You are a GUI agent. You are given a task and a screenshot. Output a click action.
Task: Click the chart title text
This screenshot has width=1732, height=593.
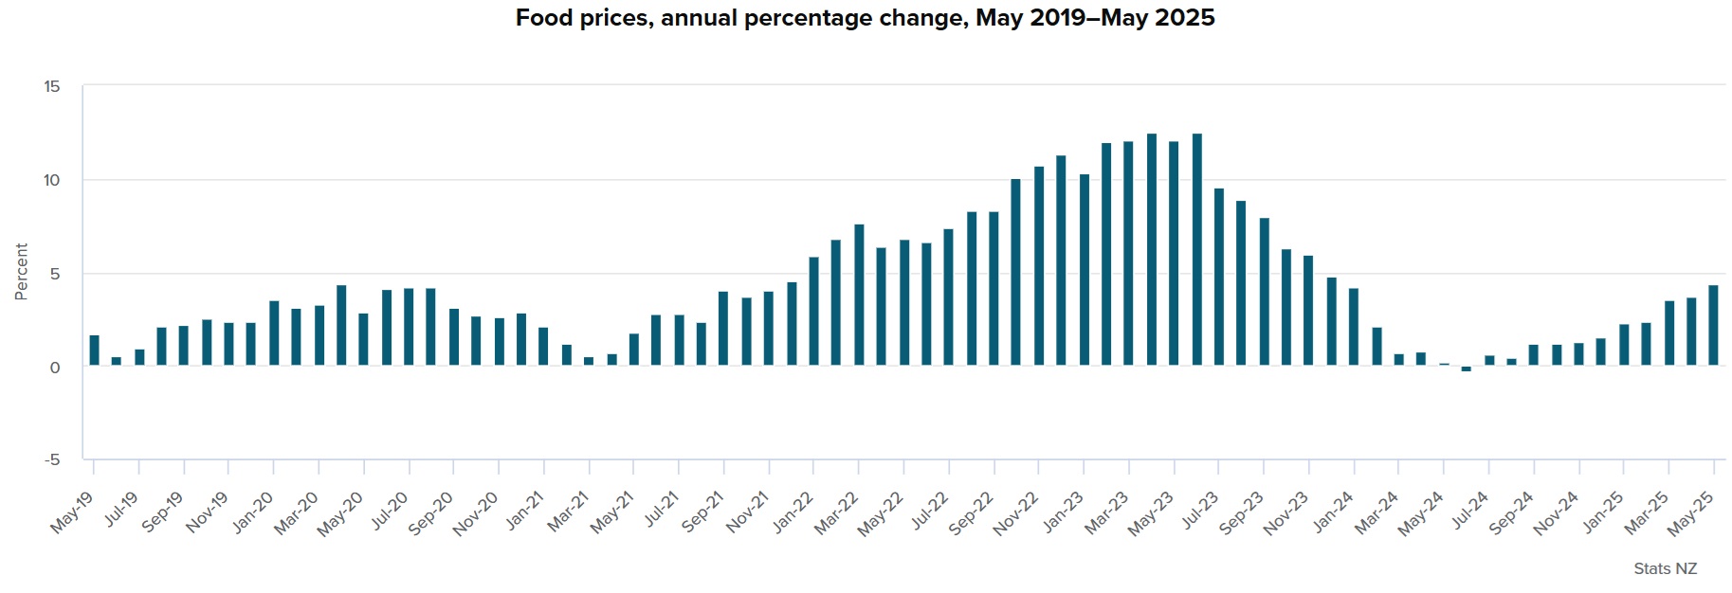point(865,18)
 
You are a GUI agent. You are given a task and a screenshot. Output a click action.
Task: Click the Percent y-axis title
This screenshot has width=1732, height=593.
point(21,272)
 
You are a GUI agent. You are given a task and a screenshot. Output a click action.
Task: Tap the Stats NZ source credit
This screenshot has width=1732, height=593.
point(1665,568)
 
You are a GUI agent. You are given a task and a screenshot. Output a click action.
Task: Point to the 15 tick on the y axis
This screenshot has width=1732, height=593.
point(51,86)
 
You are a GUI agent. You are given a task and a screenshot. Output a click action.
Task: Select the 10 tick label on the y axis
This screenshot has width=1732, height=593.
point(51,180)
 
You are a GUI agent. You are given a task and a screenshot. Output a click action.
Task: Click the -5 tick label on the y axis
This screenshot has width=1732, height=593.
point(51,459)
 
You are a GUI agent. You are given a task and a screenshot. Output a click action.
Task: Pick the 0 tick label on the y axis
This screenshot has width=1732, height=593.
point(54,368)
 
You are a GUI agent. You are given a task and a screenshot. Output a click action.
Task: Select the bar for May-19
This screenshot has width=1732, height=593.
point(94,350)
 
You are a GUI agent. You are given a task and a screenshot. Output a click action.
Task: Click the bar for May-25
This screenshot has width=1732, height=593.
point(1713,325)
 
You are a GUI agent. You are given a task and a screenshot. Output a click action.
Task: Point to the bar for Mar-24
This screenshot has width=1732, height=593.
point(1399,360)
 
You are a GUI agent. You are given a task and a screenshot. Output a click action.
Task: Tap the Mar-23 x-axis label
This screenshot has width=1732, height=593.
point(1106,512)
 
